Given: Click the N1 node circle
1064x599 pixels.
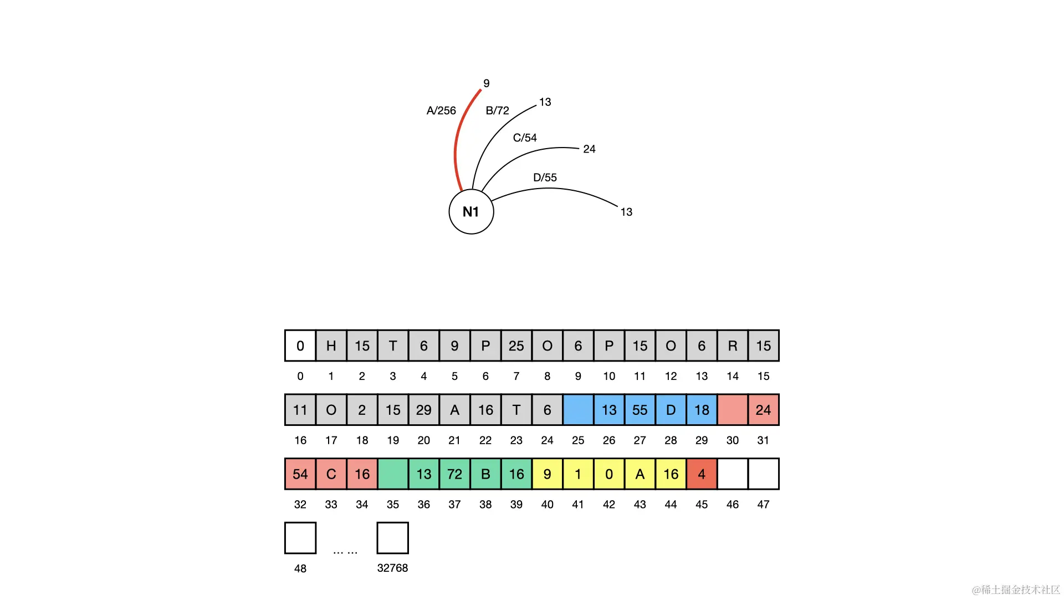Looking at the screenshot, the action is click(471, 211).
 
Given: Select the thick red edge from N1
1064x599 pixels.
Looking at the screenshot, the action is click(457, 144).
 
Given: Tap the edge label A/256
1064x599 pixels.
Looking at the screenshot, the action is click(441, 111).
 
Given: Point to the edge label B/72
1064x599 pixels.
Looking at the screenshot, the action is click(497, 111).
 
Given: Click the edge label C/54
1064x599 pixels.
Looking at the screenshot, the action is click(525, 138).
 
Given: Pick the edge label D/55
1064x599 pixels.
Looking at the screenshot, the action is click(545, 177).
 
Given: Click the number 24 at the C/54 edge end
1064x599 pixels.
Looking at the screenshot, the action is click(589, 149).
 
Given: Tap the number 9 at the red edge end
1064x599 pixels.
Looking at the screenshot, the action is click(486, 84).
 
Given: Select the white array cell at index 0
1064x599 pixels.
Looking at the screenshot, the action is click(300, 346).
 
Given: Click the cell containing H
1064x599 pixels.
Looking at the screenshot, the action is click(331, 346).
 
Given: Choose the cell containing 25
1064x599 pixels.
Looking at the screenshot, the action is click(516, 346).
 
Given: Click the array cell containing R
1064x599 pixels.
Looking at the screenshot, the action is click(733, 346).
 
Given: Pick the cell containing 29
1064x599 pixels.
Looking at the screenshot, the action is click(424, 410).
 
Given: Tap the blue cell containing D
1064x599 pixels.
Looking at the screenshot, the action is click(671, 410).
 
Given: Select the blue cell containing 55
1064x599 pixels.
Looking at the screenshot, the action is click(640, 410).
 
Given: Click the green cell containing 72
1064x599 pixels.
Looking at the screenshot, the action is click(454, 474).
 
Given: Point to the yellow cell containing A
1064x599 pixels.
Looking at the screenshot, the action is click(640, 474).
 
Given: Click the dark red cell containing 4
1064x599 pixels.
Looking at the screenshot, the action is click(702, 474).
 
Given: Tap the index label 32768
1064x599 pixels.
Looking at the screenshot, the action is click(392, 568).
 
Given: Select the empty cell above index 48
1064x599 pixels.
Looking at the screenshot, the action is click(300, 538).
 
